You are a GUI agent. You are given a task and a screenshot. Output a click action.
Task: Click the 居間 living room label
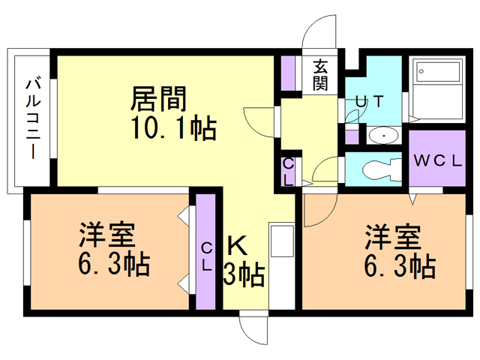(158, 98)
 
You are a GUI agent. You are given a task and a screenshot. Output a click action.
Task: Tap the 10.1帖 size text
(174, 127)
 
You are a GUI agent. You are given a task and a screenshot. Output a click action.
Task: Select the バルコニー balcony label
(33, 118)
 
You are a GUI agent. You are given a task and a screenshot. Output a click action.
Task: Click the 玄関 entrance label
(320, 75)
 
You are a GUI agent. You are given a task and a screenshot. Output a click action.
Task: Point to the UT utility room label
(369, 102)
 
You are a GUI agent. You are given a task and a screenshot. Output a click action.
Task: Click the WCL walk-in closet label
(437, 160)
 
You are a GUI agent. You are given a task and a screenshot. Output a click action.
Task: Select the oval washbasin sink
(384, 135)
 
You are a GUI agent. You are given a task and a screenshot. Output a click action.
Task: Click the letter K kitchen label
(237, 247)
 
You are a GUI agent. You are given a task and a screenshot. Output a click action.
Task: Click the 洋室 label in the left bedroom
(106, 235)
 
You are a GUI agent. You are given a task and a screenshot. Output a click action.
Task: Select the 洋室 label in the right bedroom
(393, 237)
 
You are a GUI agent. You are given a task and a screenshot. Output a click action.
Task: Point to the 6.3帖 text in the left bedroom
(114, 263)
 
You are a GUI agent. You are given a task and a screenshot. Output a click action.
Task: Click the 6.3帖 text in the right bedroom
(400, 265)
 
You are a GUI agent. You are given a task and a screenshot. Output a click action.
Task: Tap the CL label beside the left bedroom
(207, 256)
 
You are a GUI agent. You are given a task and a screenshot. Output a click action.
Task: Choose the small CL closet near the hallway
(288, 172)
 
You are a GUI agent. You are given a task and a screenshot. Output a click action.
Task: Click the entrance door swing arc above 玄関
(310, 25)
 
